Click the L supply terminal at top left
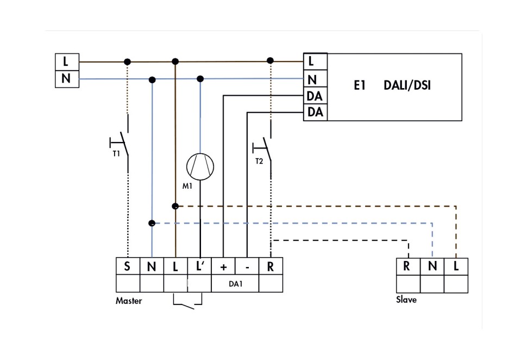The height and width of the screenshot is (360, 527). (67, 61)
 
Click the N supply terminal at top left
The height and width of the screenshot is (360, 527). (67, 79)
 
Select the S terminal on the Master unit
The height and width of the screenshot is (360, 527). (128, 266)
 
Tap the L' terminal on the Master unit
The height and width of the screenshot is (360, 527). (199, 266)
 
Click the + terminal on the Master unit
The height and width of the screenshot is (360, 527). (223, 266)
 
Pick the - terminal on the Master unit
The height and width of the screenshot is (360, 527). (247, 266)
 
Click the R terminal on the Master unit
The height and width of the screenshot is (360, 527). (271, 266)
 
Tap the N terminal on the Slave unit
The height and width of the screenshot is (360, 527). (432, 267)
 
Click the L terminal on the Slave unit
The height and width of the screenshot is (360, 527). (456, 267)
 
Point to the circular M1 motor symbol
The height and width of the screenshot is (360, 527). (200, 166)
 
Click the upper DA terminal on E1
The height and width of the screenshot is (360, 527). (315, 96)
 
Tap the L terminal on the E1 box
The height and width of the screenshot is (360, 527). (315, 61)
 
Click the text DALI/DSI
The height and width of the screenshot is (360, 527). (407, 85)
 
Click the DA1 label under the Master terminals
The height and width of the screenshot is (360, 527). (235, 284)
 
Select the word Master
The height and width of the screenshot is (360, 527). (129, 301)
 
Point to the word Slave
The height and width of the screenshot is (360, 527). (406, 300)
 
